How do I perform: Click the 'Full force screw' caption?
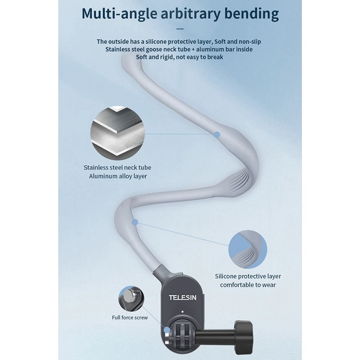[x=130, y=318]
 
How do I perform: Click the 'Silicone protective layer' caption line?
[x=247, y=276]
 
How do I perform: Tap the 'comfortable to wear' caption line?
[x=247, y=285]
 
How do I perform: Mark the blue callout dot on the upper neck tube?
[x=217, y=134]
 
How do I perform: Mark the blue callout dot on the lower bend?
[x=135, y=222]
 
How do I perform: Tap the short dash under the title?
[x=180, y=29]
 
